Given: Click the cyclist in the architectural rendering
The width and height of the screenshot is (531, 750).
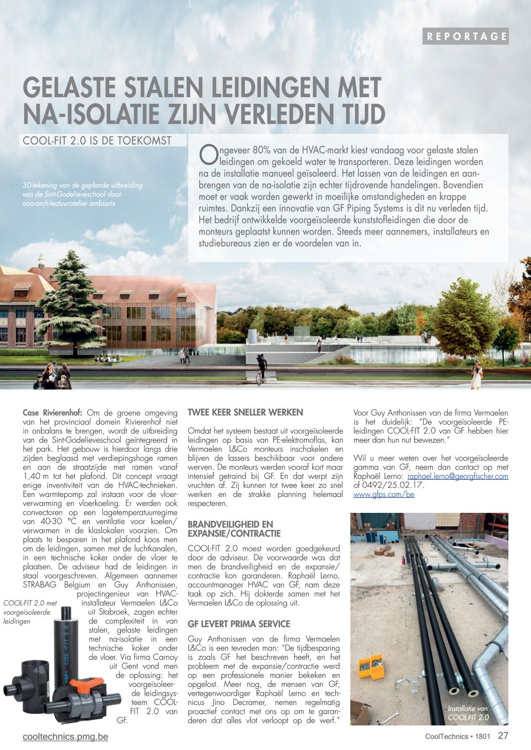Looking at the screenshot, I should click(x=260, y=368).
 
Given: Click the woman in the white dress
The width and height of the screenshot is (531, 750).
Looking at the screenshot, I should click(x=476, y=374).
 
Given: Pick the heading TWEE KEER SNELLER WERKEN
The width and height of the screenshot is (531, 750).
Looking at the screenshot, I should click(x=245, y=413).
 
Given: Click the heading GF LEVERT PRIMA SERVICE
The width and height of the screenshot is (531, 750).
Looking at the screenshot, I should click(x=239, y=624).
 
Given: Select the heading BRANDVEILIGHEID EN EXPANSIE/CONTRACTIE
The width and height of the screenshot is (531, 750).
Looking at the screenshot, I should click(x=234, y=529).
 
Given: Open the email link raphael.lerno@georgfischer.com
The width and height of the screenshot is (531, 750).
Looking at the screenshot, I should click(x=458, y=476).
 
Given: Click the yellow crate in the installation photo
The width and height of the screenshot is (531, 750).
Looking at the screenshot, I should click(x=370, y=666).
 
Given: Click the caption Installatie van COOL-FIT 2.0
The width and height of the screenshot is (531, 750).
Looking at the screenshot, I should click(x=468, y=713).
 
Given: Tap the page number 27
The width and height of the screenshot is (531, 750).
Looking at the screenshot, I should click(x=503, y=736).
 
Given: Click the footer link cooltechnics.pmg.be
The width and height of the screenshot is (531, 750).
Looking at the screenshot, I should click(x=65, y=736).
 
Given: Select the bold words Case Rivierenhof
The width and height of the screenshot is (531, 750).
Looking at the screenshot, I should click(x=53, y=413).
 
